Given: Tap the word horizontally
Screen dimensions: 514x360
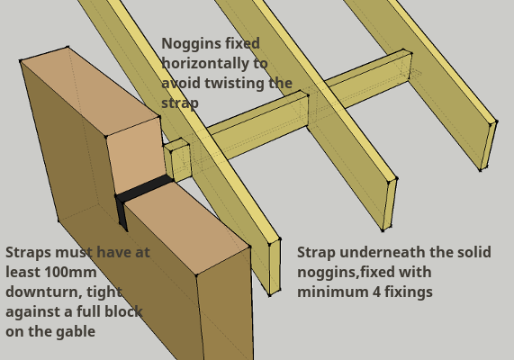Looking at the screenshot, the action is point(205,63).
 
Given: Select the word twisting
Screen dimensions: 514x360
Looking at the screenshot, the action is point(234,84).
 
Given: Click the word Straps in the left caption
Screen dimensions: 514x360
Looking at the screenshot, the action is point(29,253).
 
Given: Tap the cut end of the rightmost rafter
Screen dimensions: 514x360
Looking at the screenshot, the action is point(489,145).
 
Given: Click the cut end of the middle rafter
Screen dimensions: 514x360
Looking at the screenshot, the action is point(390,204).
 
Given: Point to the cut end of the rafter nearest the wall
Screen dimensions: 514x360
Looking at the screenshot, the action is point(275,267).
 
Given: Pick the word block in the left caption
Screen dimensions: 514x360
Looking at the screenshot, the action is point(123,311).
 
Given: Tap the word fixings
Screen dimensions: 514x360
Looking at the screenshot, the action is point(409,292).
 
